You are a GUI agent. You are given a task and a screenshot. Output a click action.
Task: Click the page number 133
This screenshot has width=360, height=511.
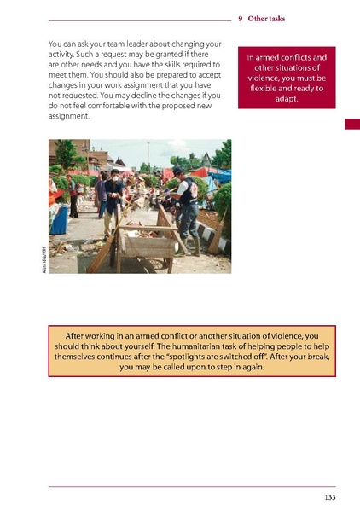328,497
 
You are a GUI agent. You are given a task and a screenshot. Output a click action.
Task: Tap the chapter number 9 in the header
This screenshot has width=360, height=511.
241,18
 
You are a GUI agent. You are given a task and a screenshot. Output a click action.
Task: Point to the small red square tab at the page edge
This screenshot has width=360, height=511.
351,125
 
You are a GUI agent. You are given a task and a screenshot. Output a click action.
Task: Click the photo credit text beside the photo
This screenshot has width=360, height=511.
40,258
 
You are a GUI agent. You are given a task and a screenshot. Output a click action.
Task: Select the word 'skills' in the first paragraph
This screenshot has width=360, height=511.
169,64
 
